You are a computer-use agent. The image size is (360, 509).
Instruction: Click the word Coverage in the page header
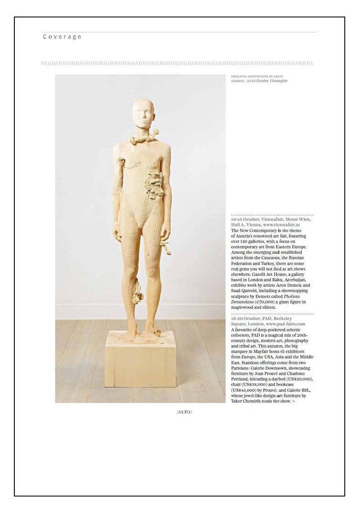[62, 37]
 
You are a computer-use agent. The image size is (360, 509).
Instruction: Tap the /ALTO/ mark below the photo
[184, 412]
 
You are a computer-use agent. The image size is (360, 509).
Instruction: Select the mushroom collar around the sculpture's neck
[144, 138]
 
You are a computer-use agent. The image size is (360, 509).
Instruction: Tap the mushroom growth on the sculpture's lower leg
[137, 290]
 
